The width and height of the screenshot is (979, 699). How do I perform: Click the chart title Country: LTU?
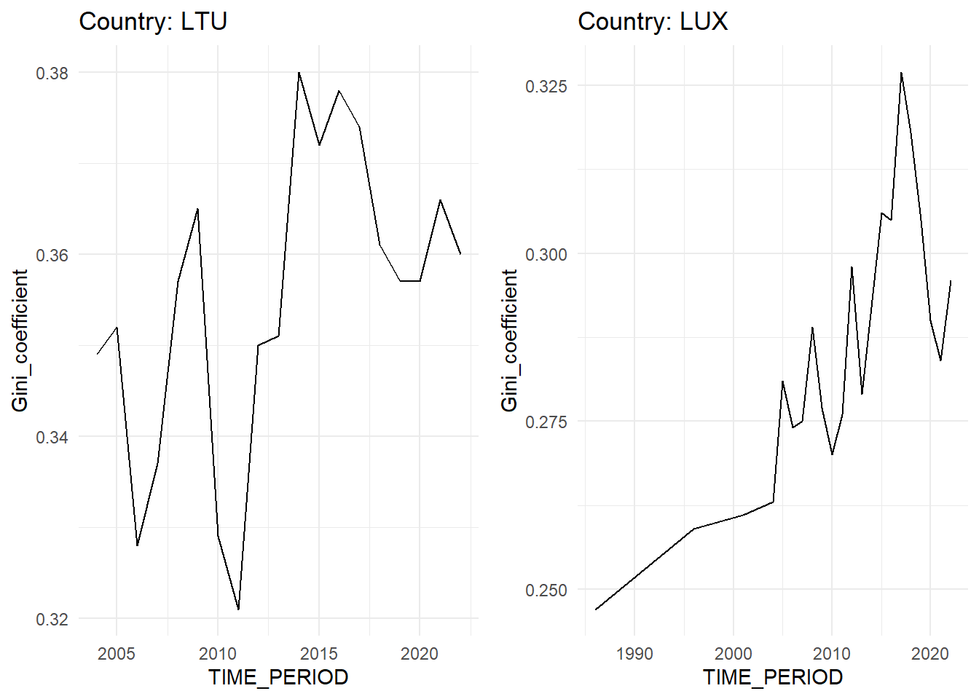tap(153, 21)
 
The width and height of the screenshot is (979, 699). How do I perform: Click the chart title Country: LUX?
tap(653, 21)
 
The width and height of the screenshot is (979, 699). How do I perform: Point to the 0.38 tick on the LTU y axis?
tap(52, 73)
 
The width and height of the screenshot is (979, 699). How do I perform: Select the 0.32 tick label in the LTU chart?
tap(52, 619)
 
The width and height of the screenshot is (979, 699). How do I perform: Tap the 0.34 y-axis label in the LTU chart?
tap(52, 437)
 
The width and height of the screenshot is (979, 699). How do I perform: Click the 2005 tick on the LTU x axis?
tap(117, 653)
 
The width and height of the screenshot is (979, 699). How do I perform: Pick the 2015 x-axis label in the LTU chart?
tap(319, 653)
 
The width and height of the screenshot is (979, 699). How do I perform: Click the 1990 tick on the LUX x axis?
tap(634, 653)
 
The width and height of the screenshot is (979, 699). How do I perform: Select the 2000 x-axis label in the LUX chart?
tap(733, 653)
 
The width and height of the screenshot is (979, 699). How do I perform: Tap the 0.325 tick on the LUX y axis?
tap(546, 86)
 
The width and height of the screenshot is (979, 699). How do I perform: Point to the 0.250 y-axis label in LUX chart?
tap(546, 590)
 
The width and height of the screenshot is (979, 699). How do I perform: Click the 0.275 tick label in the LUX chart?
tap(546, 422)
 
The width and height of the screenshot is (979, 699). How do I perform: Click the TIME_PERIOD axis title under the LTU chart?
tap(278, 677)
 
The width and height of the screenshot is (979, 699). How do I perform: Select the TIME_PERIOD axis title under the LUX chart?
tap(773, 677)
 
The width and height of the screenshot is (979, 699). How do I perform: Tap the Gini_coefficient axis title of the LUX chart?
tap(509, 340)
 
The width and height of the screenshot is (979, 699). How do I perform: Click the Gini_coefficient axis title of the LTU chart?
tap(20, 340)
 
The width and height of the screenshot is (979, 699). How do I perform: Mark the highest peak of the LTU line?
tap(299, 73)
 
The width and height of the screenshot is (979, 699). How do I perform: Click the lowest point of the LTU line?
tap(238, 609)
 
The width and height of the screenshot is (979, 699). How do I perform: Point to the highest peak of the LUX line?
tap(901, 73)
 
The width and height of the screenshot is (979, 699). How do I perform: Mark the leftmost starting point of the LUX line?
tap(596, 609)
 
